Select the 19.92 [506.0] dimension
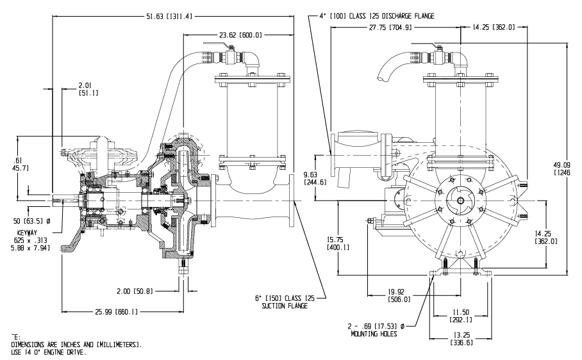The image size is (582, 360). tap(398, 294)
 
